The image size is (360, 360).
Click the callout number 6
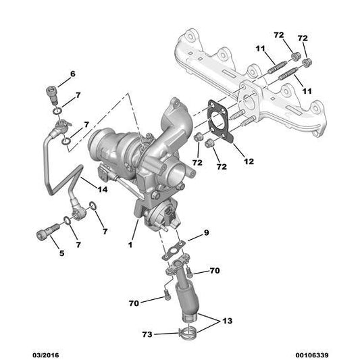point(73,74)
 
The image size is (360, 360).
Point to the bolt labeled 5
point(43,236)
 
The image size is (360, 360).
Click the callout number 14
point(103,190)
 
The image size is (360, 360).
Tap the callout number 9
point(207,233)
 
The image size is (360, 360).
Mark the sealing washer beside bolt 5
point(67,220)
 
